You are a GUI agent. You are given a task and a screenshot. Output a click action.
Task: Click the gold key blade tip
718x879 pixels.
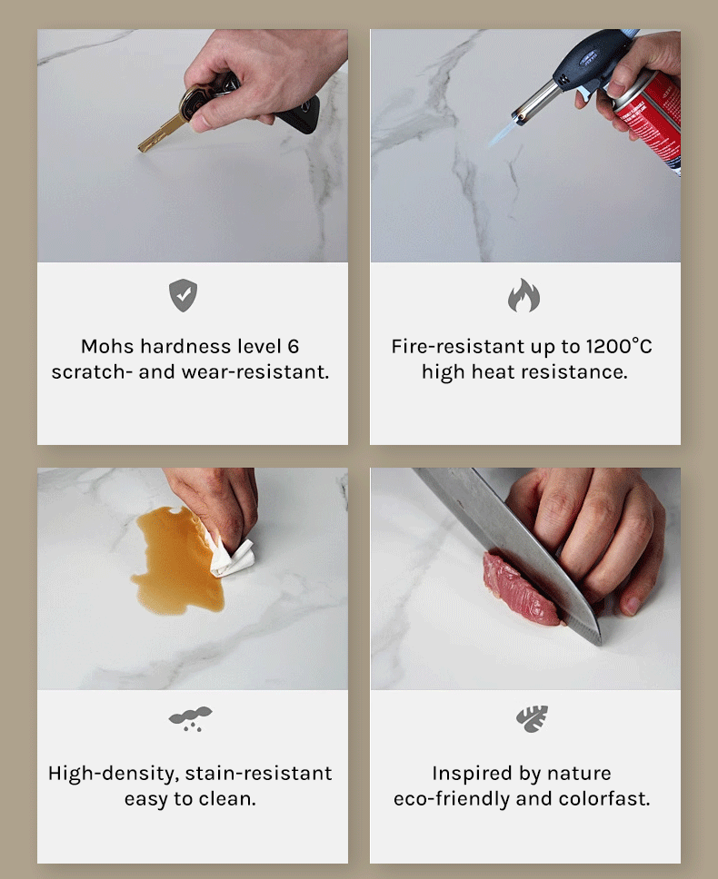[140, 149]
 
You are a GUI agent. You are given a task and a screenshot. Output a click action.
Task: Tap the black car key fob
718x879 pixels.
[301, 115]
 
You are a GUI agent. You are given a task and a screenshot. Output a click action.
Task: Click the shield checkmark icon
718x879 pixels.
[183, 295]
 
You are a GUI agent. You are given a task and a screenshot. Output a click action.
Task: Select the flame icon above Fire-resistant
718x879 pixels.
[524, 295]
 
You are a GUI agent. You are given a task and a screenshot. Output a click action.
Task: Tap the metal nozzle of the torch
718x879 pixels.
[535, 103]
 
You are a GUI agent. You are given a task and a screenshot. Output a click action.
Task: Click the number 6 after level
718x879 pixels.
[294, 347]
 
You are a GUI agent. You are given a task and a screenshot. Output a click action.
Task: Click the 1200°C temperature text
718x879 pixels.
[619, 346]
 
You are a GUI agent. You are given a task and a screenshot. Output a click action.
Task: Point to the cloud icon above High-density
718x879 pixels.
[191, 718]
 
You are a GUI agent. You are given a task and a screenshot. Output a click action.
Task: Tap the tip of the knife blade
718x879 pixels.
[599, 644]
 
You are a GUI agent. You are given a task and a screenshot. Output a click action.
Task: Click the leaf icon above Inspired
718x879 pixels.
[532, 718]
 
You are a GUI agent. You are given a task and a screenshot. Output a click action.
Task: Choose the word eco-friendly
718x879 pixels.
[452, 799]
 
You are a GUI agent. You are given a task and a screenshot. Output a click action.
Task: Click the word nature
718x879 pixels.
[579, 774]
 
